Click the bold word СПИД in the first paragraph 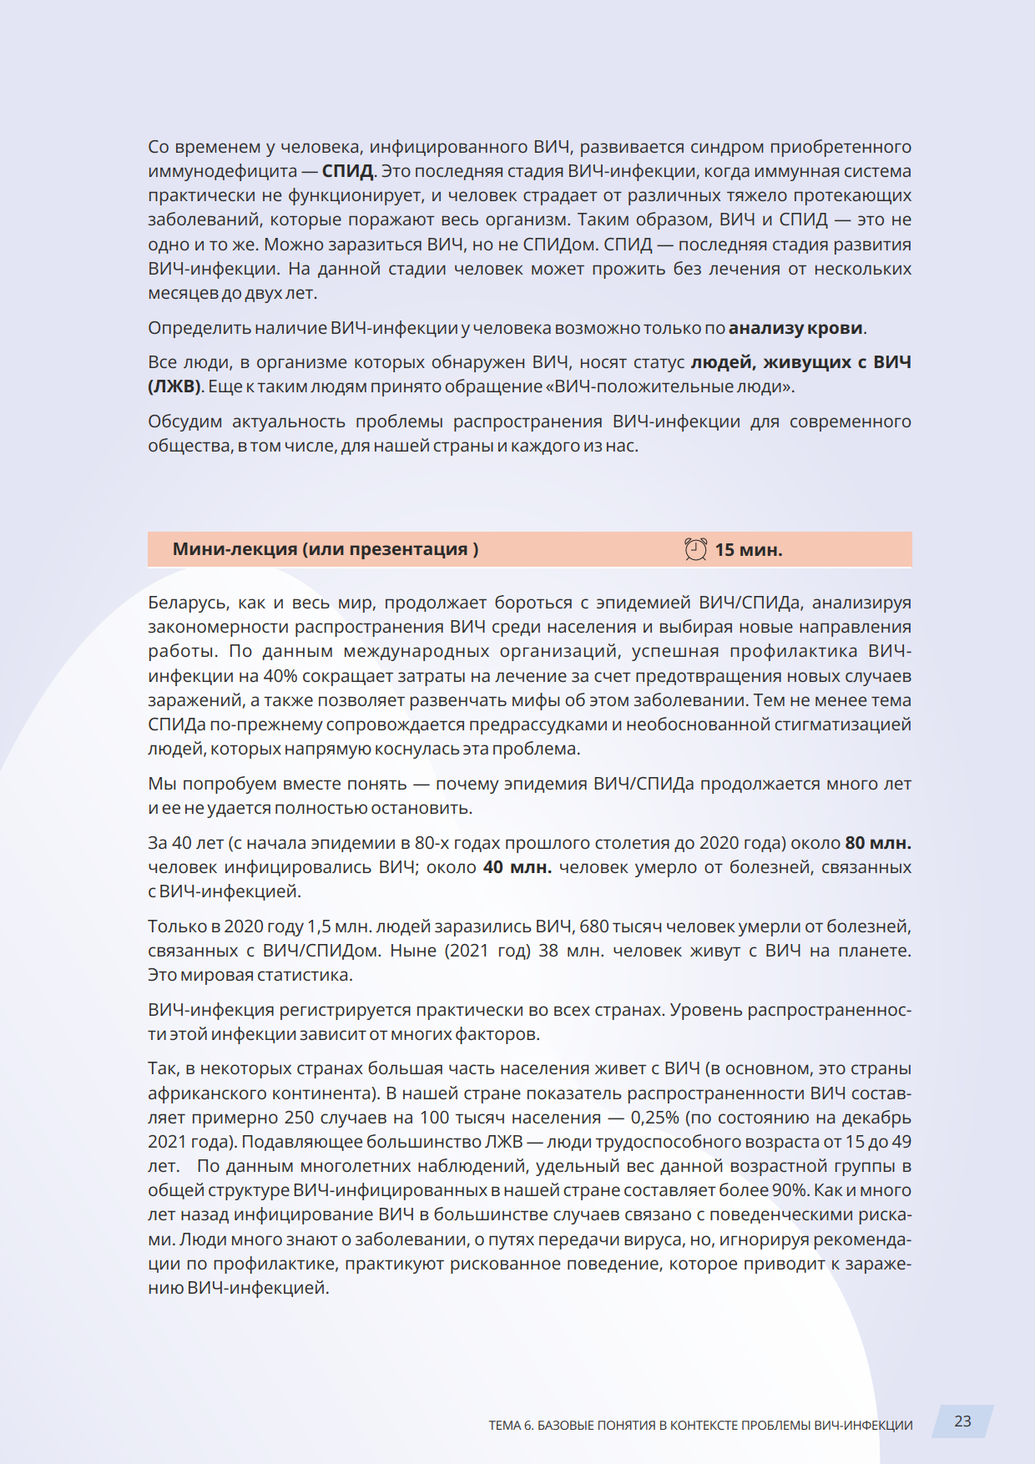coord(348,171)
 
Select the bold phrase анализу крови coord(795,328)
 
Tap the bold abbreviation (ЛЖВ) coord(174,386)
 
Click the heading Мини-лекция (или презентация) coord(326,549)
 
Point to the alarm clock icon coord(695,549)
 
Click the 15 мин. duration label coord(749,550)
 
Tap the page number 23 coord(962,1421)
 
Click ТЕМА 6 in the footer coord(510,1425)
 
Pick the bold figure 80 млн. coord(878,843)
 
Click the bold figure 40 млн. coord(517,867)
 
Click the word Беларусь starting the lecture coord(187,603)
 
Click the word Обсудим coord(184,422)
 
